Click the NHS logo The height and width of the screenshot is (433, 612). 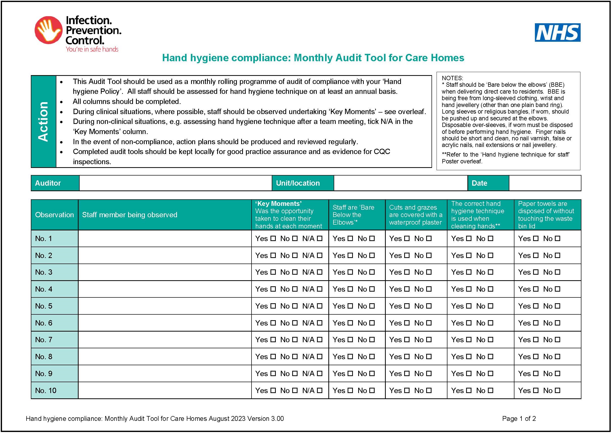coord(557,33)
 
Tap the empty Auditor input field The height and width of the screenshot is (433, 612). coord(175,183)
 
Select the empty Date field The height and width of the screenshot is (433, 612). coord(545,183)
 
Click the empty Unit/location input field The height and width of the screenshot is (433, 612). coord(400,183)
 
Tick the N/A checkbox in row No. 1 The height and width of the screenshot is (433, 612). coord(320,238)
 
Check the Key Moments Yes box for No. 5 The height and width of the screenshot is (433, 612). coord(273,306)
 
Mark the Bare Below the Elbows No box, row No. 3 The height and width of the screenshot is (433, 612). coord(372,272)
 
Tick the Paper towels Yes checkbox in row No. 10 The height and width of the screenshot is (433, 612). coord(536,390)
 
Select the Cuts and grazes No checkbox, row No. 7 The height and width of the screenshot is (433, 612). coord(429,340)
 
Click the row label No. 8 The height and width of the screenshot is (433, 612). coord(44,356)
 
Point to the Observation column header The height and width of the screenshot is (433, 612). coord(54,215)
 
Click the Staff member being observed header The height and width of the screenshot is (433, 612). coord(129,215)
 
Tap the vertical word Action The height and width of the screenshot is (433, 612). coord(43,121)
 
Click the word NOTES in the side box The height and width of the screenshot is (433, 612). coord(452,78)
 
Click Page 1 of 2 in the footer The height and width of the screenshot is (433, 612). coord(519,418)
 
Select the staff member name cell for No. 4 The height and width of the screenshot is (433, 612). coord(165,289)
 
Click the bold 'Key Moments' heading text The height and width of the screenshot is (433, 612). coord(278,204)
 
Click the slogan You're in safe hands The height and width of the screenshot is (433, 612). coord(92,49)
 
